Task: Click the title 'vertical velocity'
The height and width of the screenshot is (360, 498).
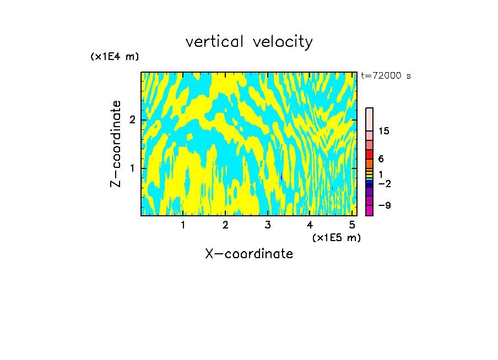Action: click(249, 42)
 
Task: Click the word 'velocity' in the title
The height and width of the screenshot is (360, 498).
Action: click(283, 42)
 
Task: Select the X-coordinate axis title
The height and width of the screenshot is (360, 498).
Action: click(249, 254)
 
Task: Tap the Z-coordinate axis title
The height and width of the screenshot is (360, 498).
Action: click(116, 143)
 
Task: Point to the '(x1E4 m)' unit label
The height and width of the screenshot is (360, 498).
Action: click(115, 57)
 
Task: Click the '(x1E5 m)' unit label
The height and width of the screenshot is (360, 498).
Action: click(336, 237)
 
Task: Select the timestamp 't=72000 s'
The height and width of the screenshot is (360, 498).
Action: click(386, 76)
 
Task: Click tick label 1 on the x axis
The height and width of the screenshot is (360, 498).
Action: click(183, 225)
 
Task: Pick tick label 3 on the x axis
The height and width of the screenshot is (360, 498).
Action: click(267, 225)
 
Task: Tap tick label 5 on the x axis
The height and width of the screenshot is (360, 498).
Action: click(351, 225)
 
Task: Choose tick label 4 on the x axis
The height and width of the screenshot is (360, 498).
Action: click(310, 225)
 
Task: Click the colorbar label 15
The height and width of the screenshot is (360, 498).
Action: click(384, 131)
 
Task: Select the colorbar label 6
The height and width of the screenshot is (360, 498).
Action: click(381, 159)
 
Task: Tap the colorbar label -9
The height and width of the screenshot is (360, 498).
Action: click(384, 205)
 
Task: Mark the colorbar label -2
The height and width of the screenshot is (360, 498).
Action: click(384, 183)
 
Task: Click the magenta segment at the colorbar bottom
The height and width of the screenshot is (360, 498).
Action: click(369, 210)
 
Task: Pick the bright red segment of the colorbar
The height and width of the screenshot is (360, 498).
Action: click(369, 154)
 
